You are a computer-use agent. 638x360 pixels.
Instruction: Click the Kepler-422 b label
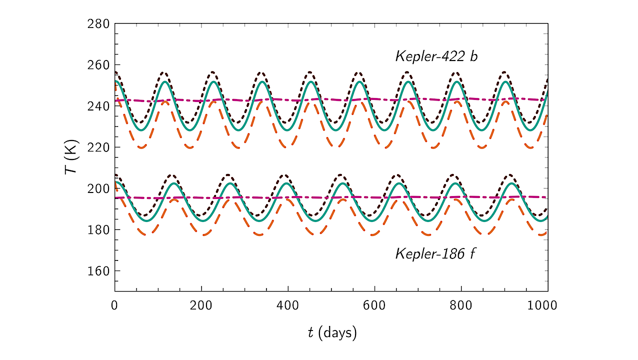coord(436,56)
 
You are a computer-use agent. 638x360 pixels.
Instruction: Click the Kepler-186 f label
coord(435,253)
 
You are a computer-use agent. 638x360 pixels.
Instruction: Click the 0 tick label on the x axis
coord(114,304)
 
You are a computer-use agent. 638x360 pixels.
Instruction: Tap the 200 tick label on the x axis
coord(201,304)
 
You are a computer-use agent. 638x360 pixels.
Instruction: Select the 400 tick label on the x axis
coord(287,304)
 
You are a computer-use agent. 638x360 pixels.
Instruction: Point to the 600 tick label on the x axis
coord(374,304)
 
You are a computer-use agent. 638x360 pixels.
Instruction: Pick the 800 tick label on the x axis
coord(461,304)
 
